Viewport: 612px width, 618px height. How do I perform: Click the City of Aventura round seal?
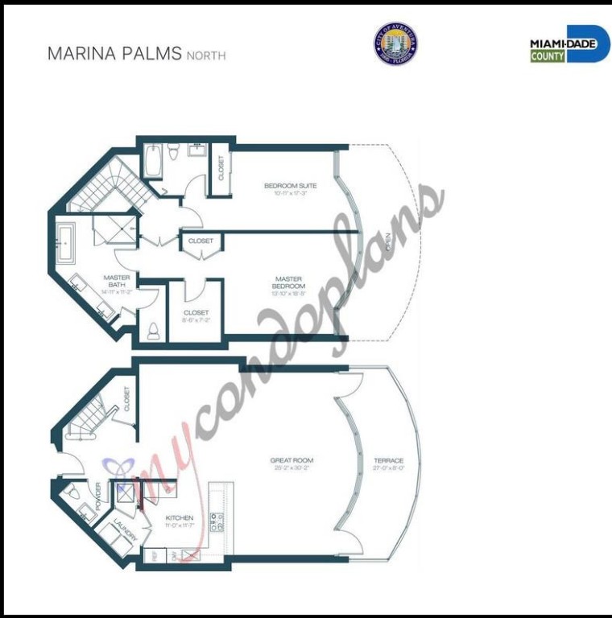point(395,43)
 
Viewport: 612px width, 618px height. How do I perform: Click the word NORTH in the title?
point(206,56)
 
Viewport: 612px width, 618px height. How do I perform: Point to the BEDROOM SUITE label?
point(291,186)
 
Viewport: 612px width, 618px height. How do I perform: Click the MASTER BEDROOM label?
point(289,282)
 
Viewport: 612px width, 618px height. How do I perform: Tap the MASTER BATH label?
point(117,281)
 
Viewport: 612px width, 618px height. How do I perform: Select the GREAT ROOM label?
point(292,461)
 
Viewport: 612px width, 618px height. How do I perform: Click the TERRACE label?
point(389,461)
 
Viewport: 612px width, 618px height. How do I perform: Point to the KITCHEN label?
point(179,517)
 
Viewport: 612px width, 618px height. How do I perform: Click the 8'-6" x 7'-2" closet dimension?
point(196,320)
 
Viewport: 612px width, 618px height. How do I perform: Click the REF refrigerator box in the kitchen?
point(152,555)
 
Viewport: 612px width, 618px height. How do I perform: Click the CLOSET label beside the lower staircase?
point(127,399)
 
